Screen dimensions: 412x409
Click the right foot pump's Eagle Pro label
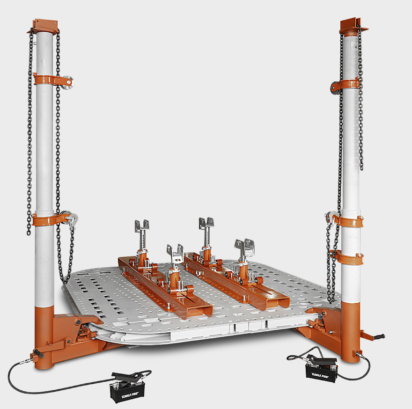pos(320,375)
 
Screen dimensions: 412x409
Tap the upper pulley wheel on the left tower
pos(68,82)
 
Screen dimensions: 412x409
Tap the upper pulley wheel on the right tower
pos(335,87)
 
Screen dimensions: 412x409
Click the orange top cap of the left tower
pos(43,26)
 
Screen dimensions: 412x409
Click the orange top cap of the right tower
pos(353,25)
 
